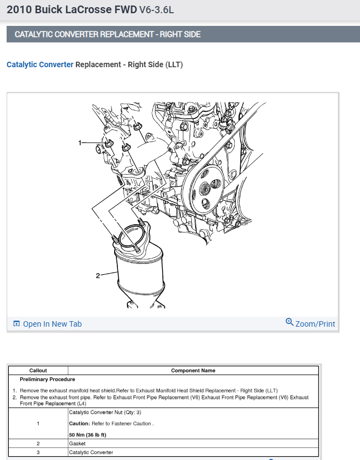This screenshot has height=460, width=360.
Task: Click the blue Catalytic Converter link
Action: tap(40, 64)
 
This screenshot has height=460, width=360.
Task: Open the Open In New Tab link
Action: tap(52, 324)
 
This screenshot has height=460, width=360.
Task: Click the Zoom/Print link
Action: tap(315, 324)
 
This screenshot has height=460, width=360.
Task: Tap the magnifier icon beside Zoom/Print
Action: tap(289, 322)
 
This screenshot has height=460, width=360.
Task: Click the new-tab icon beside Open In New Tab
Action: tap(17, 324)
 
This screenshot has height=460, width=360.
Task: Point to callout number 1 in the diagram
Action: tap(80, 143)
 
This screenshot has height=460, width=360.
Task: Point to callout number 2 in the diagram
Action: tap(98, 275)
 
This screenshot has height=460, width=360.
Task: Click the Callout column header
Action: tap(38, 371)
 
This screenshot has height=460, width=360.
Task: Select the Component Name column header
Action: tap(193, 371)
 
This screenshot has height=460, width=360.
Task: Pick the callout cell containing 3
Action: tap(38, 452)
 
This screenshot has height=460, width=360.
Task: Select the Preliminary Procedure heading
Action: tap(47, 379)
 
